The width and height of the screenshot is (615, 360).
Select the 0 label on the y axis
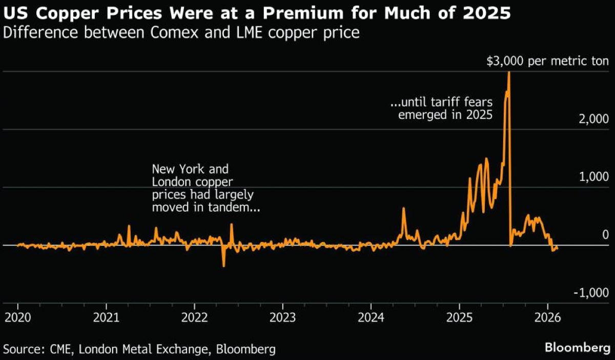point(605,235)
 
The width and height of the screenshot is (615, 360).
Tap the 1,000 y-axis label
point(594,177)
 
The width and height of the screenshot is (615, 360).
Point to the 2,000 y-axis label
point(594,119)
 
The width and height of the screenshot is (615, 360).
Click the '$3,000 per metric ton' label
point(547,62)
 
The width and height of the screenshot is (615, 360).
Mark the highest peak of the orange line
point(508,72)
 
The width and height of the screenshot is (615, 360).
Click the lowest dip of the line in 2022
point(223,266)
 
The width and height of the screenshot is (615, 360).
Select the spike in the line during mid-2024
point(403,208)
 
